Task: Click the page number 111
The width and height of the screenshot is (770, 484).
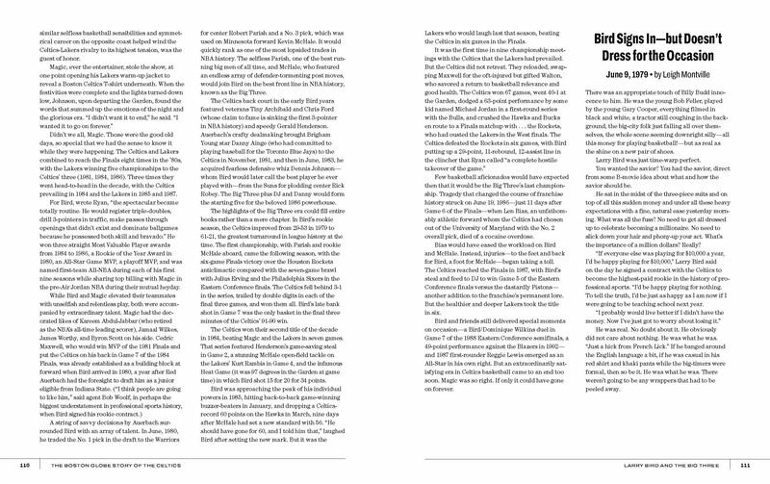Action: pyautogui.click(x=749, y=467)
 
